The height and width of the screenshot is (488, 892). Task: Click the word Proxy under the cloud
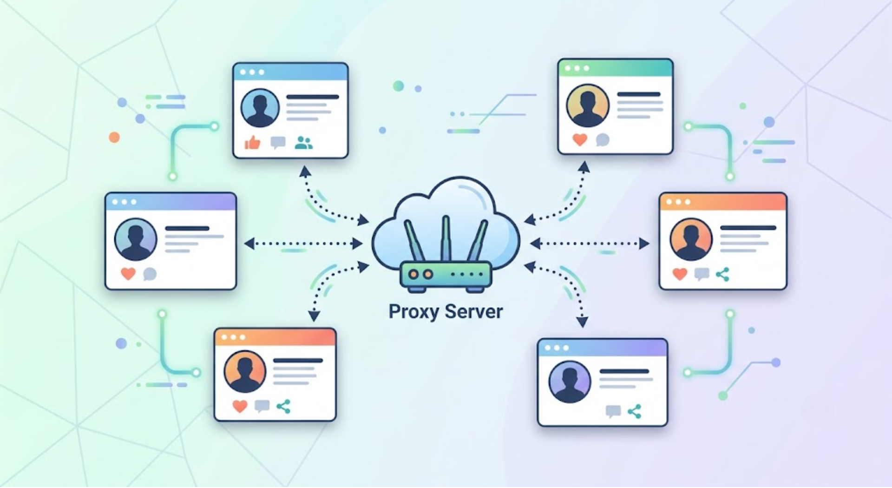(x=413, y=312)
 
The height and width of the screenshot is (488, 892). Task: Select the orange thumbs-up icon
(x=252, y=142)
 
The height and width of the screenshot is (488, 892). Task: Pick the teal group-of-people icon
(x=304, y=143)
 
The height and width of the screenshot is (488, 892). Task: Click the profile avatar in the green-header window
(x=588, y=106)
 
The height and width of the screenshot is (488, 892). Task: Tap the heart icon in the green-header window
(x=580, y=139)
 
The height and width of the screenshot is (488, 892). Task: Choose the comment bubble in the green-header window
(x=603, y=139)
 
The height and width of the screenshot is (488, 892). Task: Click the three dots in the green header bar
(x=577, y=68)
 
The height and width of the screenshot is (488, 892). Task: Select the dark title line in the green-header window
(x=639, y=94)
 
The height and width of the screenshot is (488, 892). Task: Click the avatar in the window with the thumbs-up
(x=260, y=108)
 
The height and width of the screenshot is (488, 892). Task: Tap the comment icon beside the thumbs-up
(x=278, y=142)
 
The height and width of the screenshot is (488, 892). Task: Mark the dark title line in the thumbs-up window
(x=313, y=97)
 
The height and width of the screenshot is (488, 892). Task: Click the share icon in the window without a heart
(x=634, y=411)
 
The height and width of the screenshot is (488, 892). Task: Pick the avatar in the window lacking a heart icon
(x=570, y=382)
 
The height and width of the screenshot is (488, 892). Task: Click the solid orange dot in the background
(x=114, y=137)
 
